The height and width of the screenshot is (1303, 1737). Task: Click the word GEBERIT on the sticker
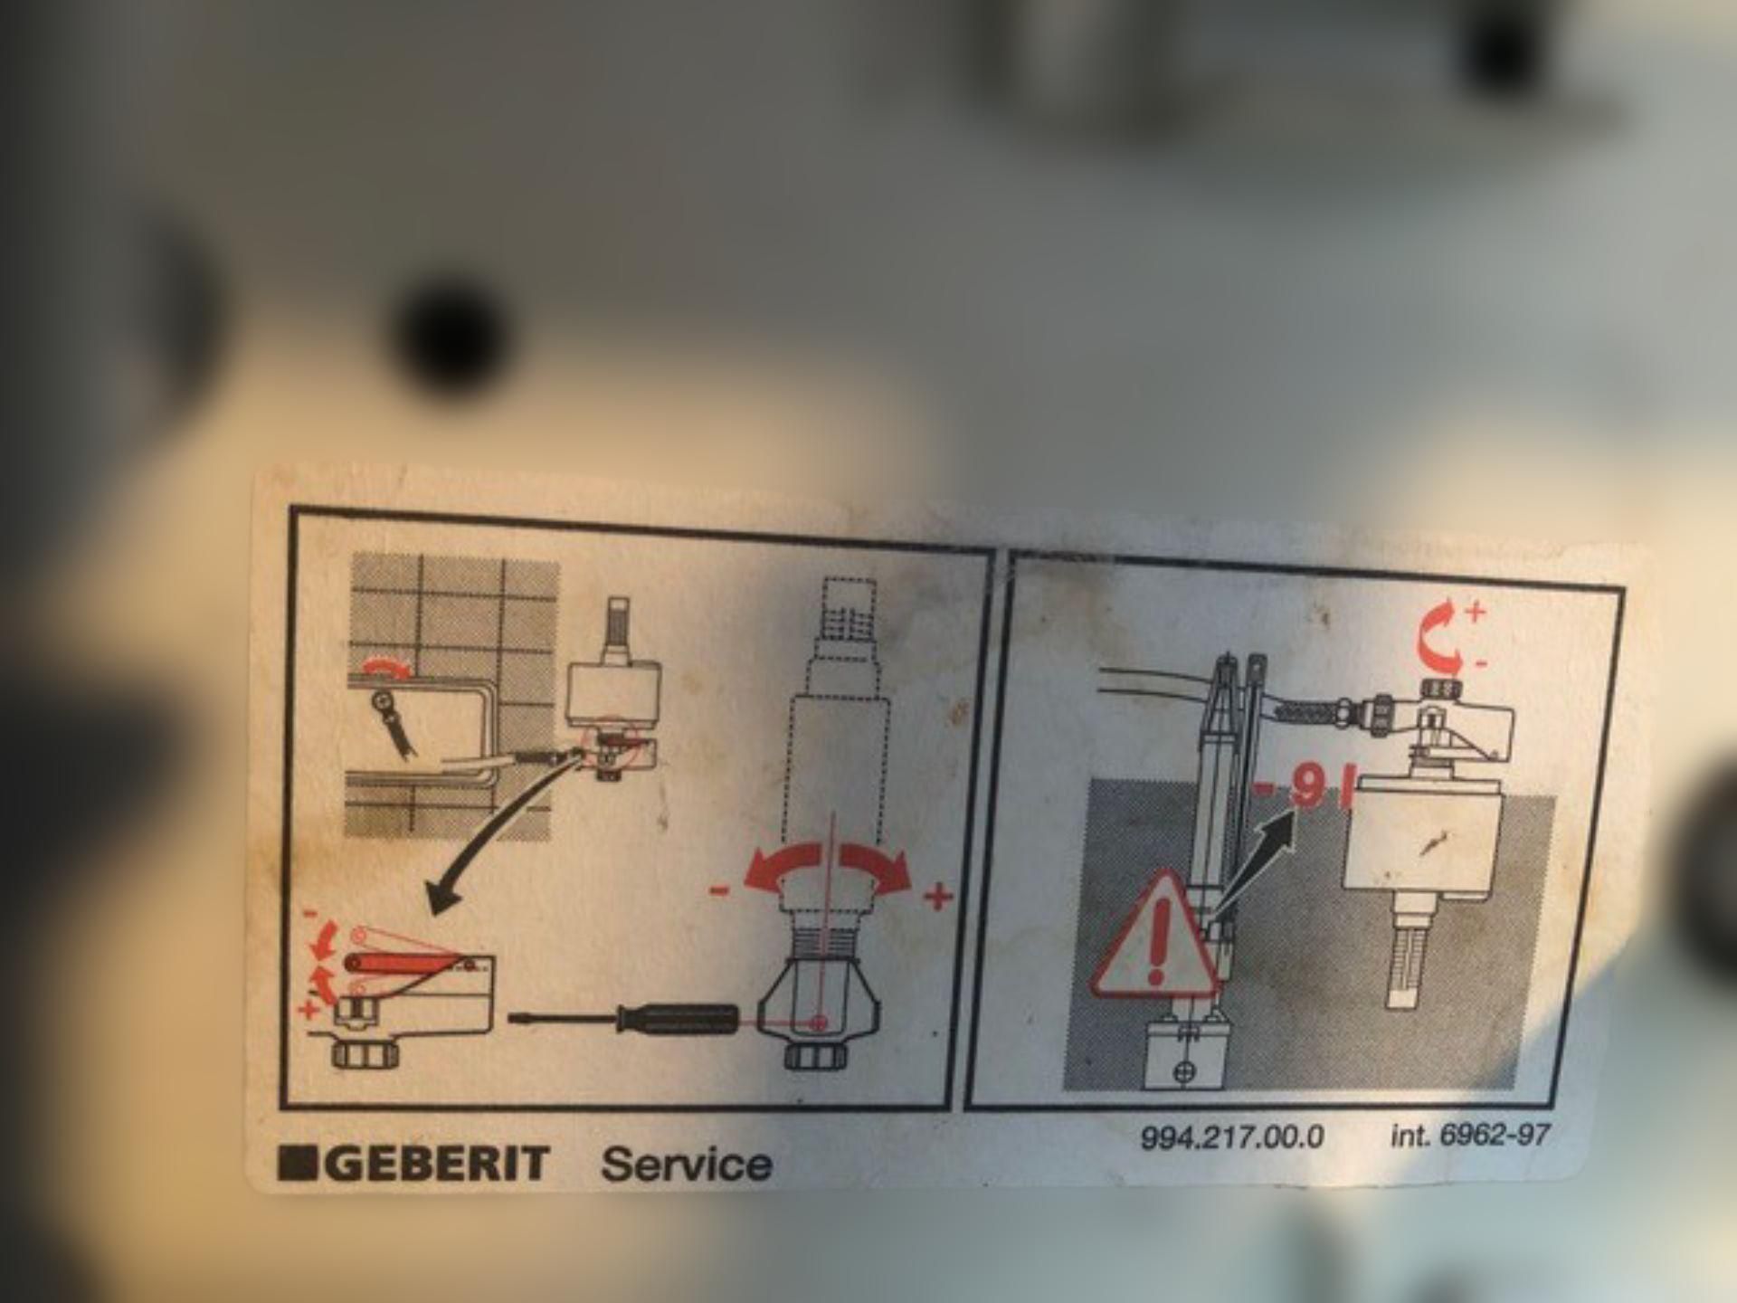point(437,1163)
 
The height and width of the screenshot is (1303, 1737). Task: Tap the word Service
point(687,1164)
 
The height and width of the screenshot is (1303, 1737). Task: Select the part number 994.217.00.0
point(1232,1137)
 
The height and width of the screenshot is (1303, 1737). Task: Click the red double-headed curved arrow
point(827,866)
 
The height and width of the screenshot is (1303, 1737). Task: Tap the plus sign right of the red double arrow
point(938,897)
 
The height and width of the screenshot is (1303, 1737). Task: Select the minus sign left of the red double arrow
point(719,890)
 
